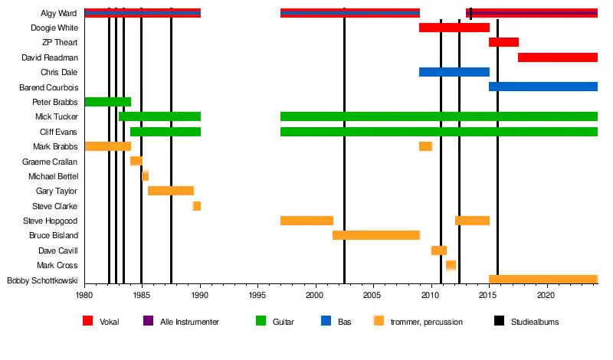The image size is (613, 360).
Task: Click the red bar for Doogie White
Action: tap(454, 28)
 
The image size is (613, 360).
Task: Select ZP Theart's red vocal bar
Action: tap(503, 42)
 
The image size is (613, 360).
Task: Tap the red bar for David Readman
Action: tap(557, 57)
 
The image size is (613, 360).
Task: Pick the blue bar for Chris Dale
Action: tap(454, 72)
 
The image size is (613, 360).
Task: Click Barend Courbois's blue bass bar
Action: tap(543, 87)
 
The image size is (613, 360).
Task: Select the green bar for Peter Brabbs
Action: tap(107, 102)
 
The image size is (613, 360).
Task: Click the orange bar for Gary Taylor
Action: tap(170, 191)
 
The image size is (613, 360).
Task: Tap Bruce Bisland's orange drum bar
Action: tap(375, 235)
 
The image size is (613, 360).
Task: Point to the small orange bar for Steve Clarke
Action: tap(197, 206)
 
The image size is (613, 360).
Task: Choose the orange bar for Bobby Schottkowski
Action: tap(543, 280)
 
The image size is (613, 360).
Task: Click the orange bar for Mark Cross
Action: tap(451, 265)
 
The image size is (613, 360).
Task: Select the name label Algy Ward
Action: tap(60, 13)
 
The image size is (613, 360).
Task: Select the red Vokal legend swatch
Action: tap(87, 322)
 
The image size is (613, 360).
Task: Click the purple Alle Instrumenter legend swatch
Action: tap(148, 322)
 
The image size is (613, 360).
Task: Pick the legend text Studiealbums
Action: tap(535, 322)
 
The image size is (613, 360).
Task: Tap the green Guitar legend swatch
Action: tap(261, 322)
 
